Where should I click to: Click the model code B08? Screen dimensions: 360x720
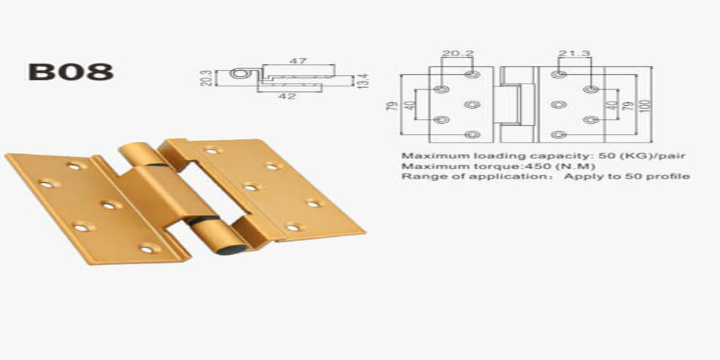pyautogui.click(x=70, y=72)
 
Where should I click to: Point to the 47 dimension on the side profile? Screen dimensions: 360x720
pyautogui.click(x=297, y=61)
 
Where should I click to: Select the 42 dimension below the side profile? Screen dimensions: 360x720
pyautogui.click(x=287, y=96)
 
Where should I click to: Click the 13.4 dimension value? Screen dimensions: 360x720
pyautogui.click(x=364, y=80)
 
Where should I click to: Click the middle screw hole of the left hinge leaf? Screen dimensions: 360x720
pyautogui.click(x=109, y=206)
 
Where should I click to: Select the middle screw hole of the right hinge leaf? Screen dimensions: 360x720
pyautogui.click(x=251, y=187)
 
